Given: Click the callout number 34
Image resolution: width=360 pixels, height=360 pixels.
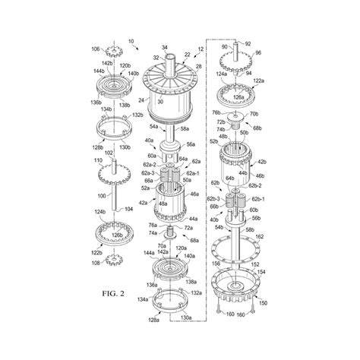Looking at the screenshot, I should coord(164,47).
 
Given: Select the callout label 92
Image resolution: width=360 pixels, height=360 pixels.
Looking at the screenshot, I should coord(247,45).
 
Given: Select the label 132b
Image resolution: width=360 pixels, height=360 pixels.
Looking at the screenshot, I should coord(138,115).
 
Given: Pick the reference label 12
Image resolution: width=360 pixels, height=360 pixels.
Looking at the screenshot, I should coord(200,49).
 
